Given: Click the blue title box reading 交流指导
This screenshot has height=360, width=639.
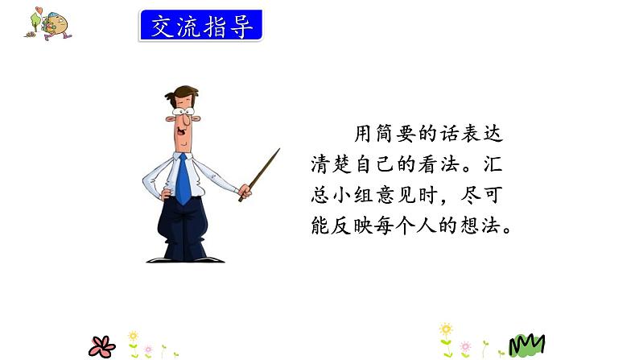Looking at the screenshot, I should tap(200, 26).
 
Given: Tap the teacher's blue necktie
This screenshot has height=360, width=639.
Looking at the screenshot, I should tap(183, 179).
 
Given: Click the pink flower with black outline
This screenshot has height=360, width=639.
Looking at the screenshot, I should tap(102, 346).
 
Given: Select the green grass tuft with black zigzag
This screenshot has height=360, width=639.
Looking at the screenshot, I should tap(527, 345).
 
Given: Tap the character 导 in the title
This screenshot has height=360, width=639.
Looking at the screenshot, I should tap(242, 26).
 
